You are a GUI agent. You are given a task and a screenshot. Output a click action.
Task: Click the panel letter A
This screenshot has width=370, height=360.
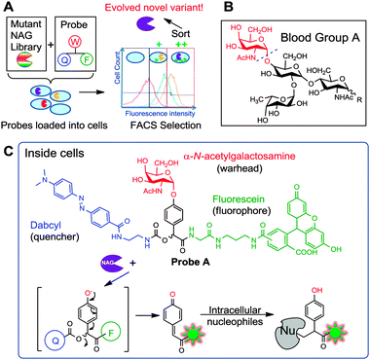click(8, 8)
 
